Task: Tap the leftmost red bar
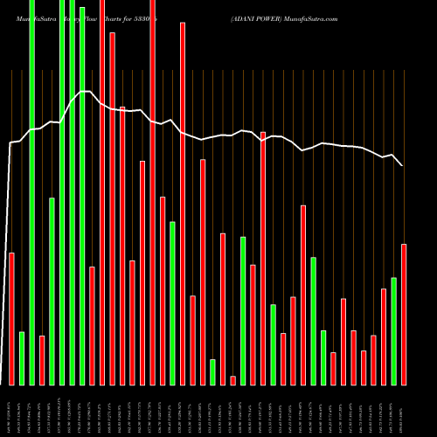[x=11, y=318]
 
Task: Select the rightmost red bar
[x=404, y=314]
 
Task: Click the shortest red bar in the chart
[x=232, y=380]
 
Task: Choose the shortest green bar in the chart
[x=212, y=371]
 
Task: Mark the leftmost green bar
[x=22, y=357]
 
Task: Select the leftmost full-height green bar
[x=31, y=192]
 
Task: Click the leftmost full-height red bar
[x=102, y=192]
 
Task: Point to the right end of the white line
[x=403, y=165]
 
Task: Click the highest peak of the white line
[x=85, y=91]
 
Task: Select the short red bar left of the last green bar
[x=384, y=336]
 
